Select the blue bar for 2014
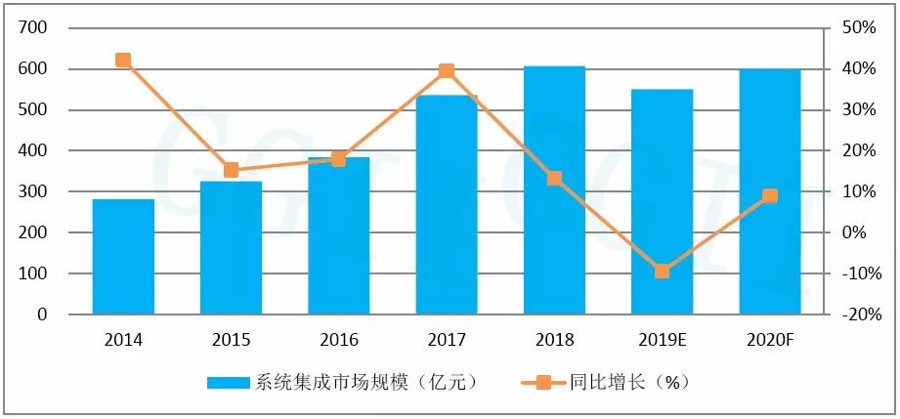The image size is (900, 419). tap(123, 256)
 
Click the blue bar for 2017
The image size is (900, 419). tap(447, 204)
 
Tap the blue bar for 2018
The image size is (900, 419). tap(554, 190)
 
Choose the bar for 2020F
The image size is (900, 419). tap(769, 191)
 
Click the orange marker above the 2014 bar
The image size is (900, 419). tap(123, 61)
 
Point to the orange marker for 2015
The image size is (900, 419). tap(231, 170)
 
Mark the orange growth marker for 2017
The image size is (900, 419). tap(447, 71)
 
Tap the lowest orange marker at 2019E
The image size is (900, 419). tap(662, 271)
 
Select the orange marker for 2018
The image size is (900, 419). tap(554, 179)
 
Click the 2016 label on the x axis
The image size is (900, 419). tap(338, 341)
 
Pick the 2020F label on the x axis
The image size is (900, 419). tap(769, 341)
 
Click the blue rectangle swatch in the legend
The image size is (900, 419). tap(230, 383)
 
